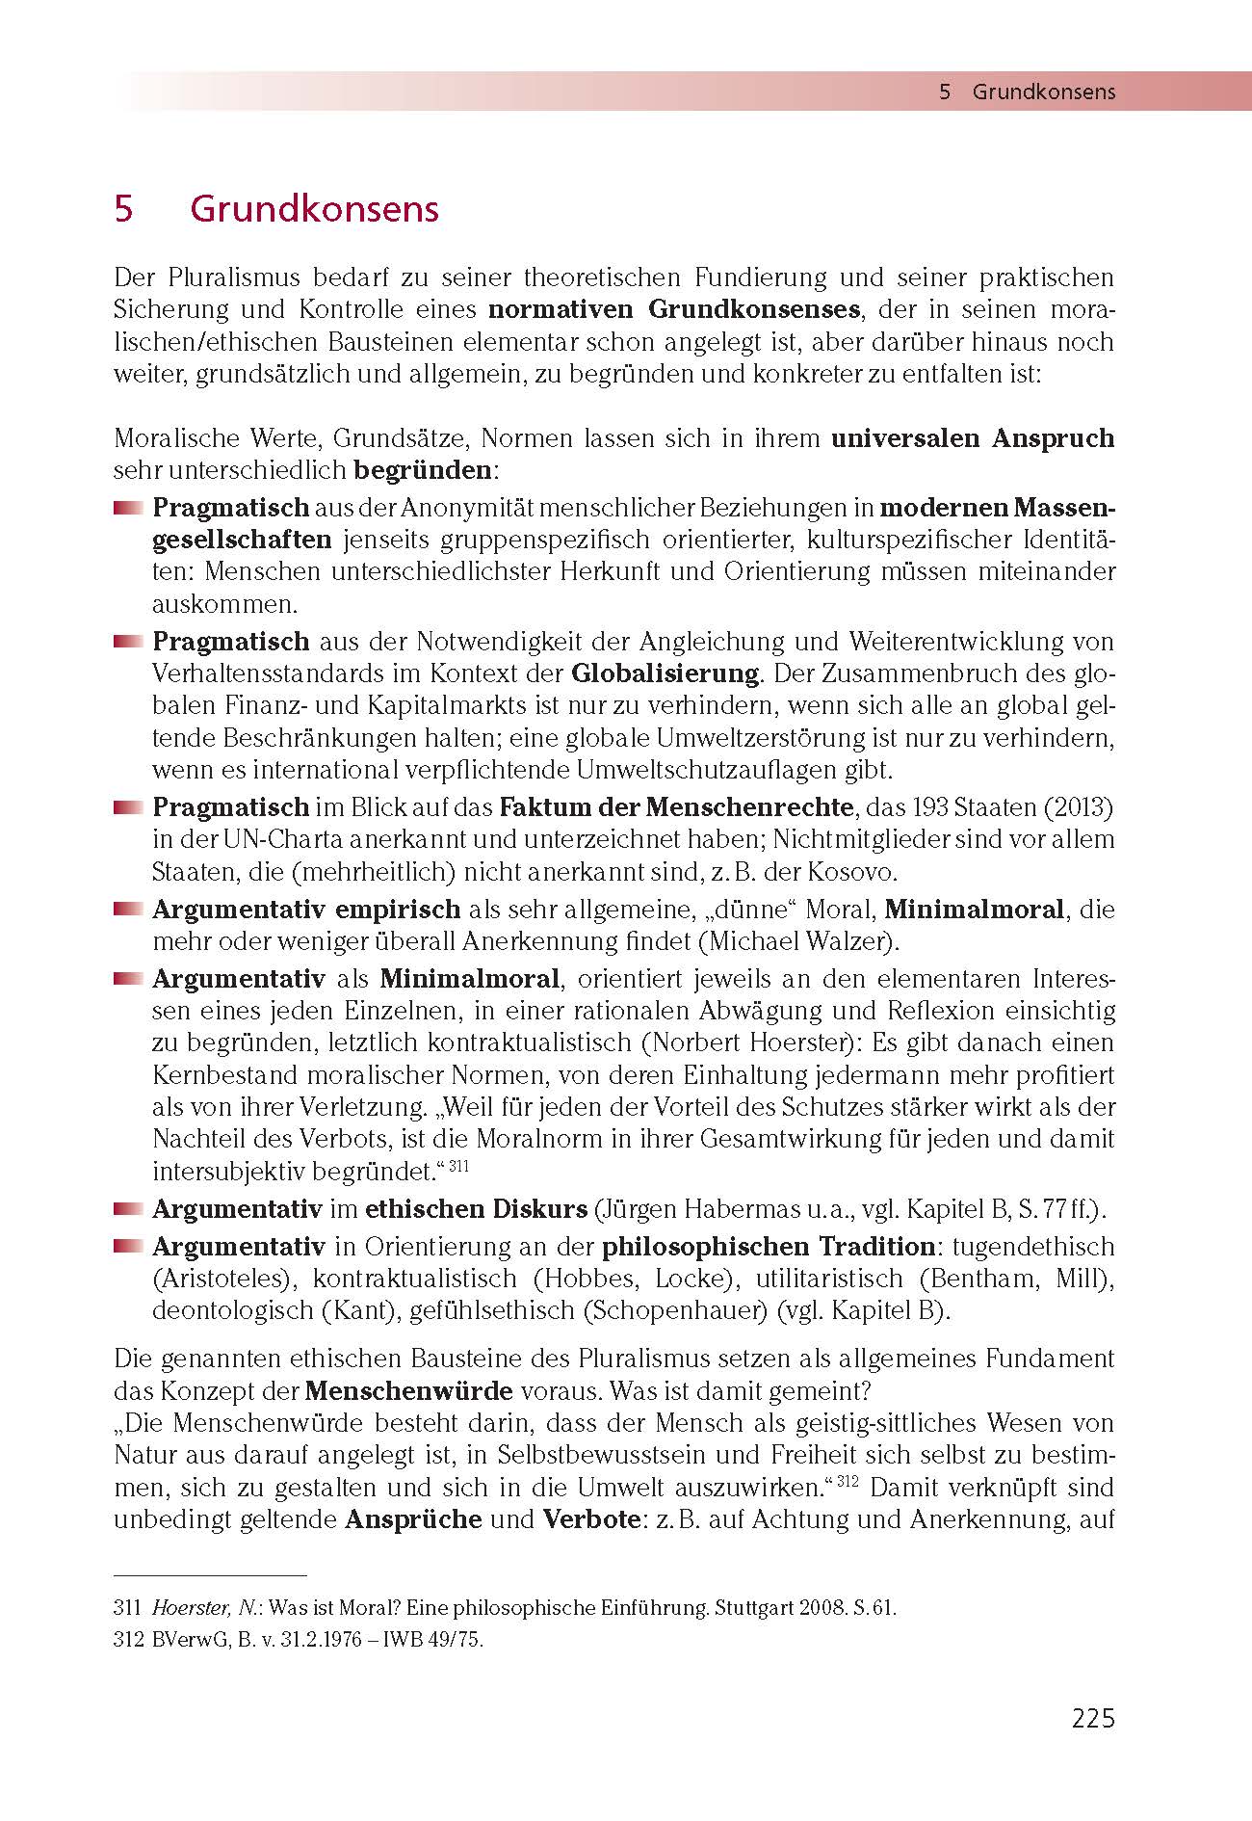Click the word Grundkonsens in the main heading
point(314,209)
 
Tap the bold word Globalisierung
point(665,673)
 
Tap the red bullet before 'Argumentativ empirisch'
point(126,909)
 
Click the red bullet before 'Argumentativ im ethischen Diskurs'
point(126,1209)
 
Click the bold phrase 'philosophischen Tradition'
point(769,1247)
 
